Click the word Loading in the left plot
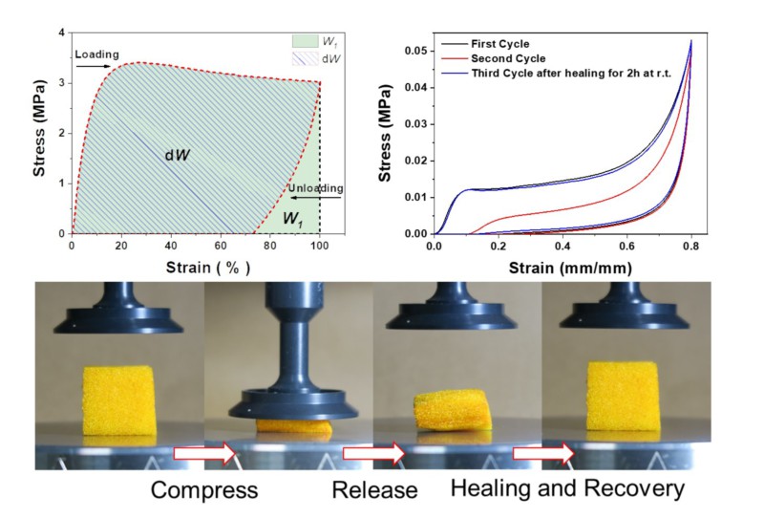click(96, 54)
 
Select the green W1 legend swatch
click(305, 41)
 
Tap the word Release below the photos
click(375, 491)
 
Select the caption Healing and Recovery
click(568, 491)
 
